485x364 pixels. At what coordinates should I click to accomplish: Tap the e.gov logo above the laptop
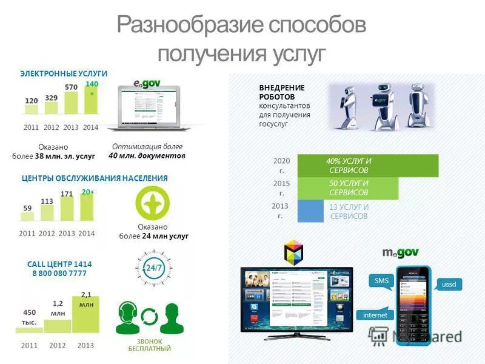(x=145, y=82)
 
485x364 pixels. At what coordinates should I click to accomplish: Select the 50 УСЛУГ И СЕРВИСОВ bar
(x=349, y=188)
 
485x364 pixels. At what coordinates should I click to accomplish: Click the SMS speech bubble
(x=381, y=281)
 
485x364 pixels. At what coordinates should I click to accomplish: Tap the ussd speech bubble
(x=449, y=284)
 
